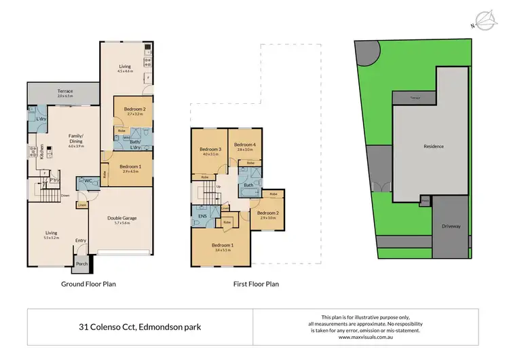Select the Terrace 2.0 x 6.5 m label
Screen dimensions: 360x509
point(65,94)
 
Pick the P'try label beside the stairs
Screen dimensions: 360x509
point(56,180)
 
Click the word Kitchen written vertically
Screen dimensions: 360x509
point(41,151)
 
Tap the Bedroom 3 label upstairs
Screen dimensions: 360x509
point(210,151)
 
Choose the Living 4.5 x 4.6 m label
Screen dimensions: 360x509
point(124,69)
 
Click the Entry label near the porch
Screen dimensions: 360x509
point(81,240)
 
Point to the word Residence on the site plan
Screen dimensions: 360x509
point(434,147)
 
